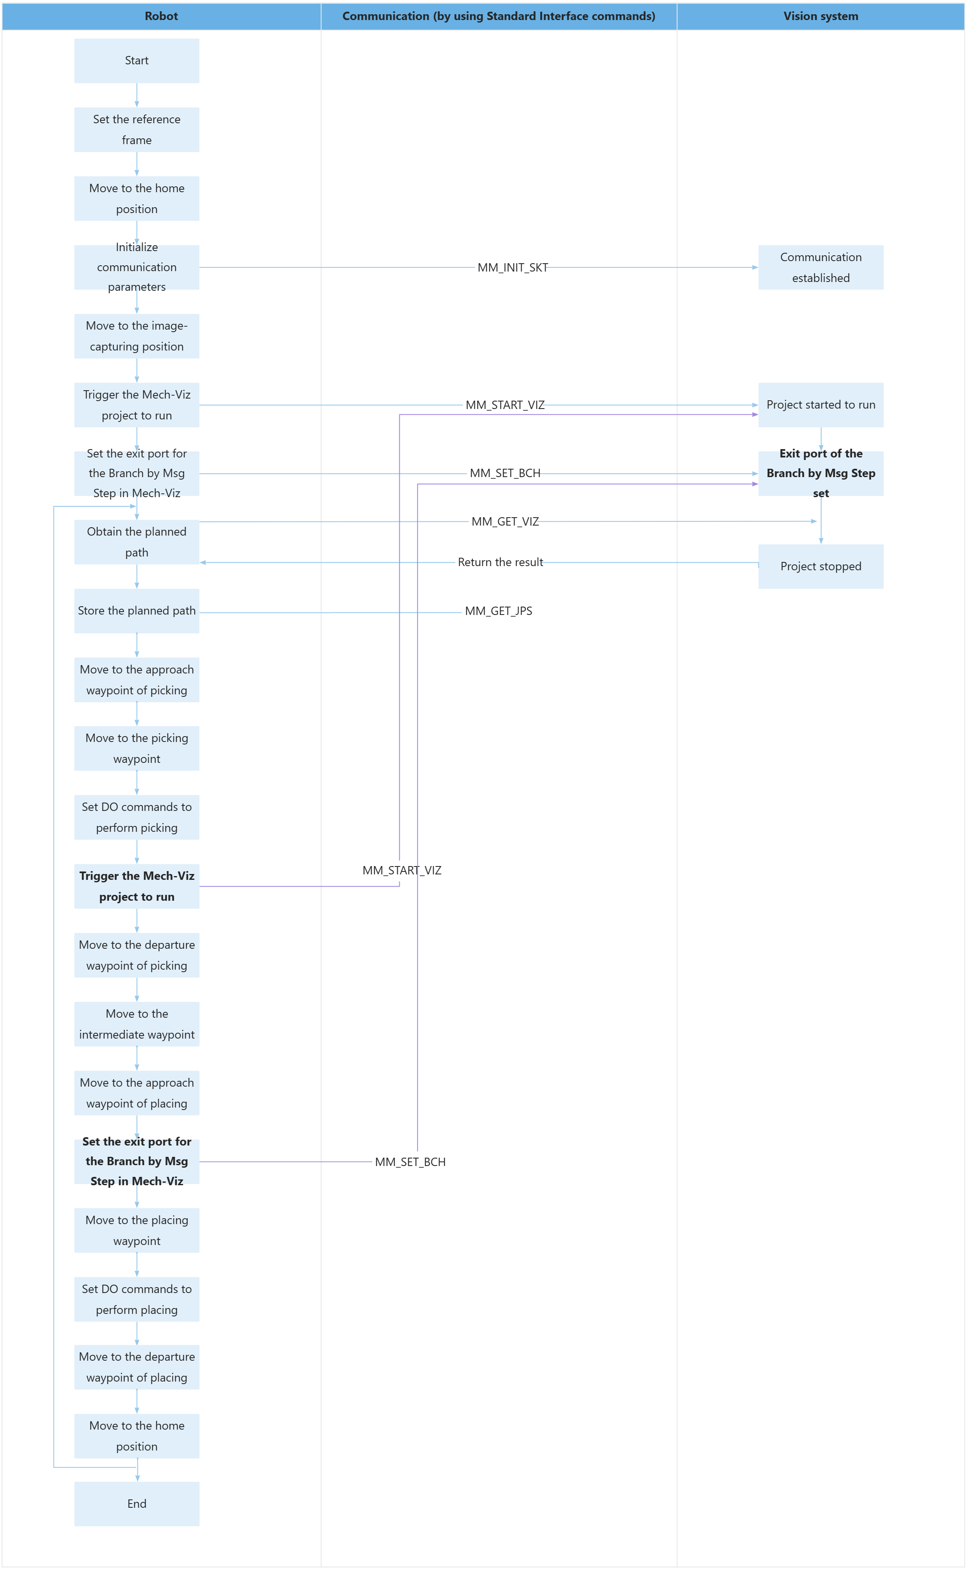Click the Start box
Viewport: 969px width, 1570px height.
coord(137,61)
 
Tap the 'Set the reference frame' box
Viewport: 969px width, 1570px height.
coord(137,130)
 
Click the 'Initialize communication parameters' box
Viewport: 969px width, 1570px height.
coord(137,267)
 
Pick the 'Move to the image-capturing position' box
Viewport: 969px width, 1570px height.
coord(137,336)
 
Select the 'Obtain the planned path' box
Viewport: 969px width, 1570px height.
coord(137,542)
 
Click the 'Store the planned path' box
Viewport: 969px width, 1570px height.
coord(137,611)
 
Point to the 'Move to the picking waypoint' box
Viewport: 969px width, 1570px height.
coord(137,748)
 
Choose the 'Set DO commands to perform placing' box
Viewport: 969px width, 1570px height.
coord(137,1299)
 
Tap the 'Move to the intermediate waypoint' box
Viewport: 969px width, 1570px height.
coord(137,1024)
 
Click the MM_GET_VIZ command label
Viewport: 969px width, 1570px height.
coord(505,522)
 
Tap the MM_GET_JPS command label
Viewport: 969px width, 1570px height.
coord(499,611)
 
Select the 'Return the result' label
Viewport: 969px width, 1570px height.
coord(500,562)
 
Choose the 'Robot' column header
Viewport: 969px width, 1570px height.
coord(161,16)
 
